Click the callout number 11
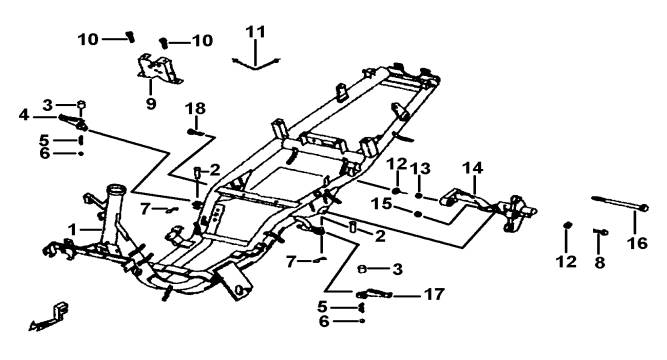point(255,32)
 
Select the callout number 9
point(151,103)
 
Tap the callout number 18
point(195,109)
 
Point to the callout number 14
point(473,168)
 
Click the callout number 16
point(637,243)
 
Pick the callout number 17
point(434,294)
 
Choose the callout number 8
point(599,263)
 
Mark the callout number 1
point(73,230)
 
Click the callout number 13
point(420,169)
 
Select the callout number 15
point(381,203)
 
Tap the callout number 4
point(24,115)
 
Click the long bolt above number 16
point(620,203)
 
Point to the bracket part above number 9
point(160,69)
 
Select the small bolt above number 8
point(600,231)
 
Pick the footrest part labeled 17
point(374,294)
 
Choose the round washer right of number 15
point(418,214)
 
